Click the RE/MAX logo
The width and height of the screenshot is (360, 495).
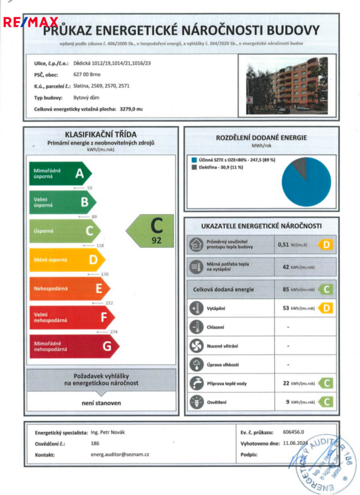click(31, 22)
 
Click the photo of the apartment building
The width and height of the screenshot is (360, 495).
click(287, 86)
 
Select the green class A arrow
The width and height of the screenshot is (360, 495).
click(60, 174)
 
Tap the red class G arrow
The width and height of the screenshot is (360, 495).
click(73, 346)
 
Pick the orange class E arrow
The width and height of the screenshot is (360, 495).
click(69, 289)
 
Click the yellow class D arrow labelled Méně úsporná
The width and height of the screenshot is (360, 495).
click(66, 260)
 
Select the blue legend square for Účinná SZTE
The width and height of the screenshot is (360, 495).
click(194, 159)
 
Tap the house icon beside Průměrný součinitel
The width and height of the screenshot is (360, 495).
click(196, 244)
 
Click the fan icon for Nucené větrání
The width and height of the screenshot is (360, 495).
click(196, 345)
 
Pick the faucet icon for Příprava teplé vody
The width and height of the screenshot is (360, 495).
click(196, 383)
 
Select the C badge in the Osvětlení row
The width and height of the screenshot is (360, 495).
click(326, 402)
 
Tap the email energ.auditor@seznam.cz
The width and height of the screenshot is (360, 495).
click(120, 453)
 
